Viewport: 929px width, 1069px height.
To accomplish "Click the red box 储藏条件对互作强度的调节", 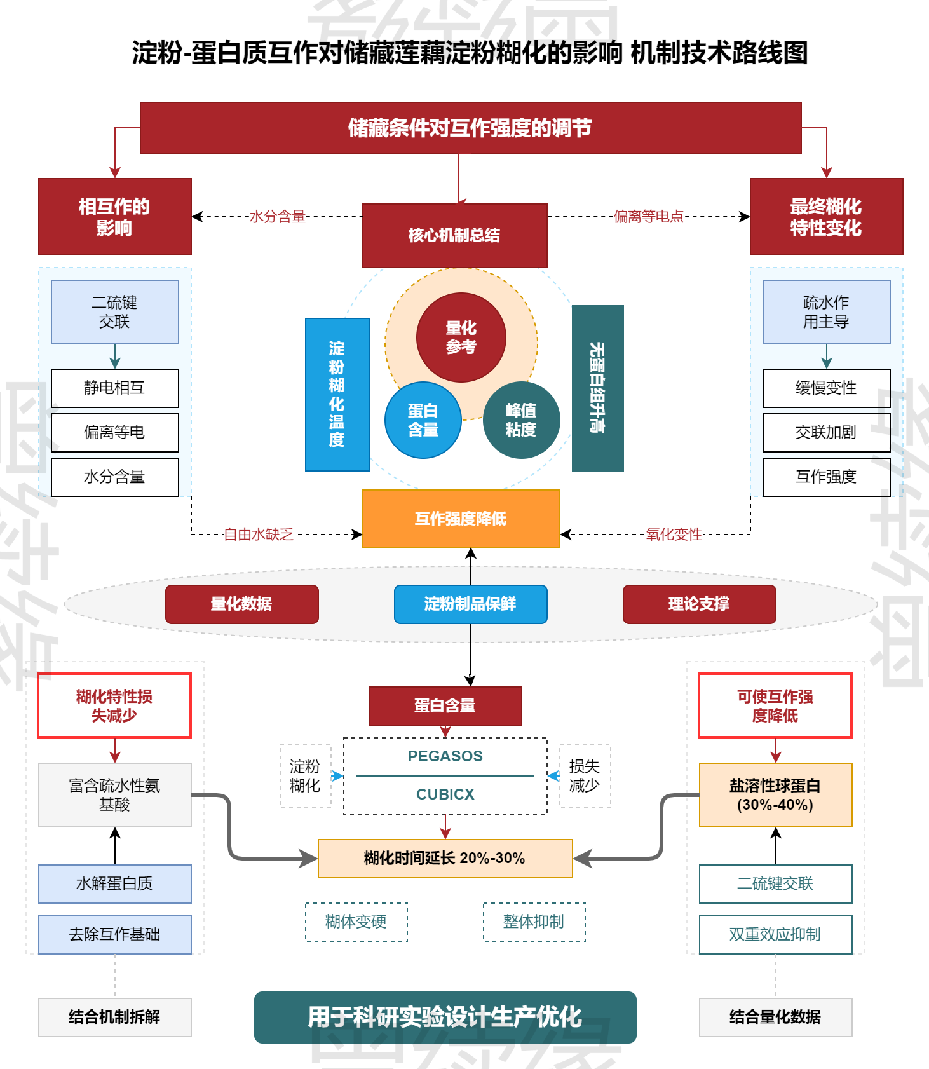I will [x=470, y=128].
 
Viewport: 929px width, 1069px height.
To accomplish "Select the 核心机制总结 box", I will [x=454, y=235].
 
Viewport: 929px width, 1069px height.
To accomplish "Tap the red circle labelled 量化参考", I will [x=461, y=337].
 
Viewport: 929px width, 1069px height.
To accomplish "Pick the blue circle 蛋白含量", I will [x=423, y=420].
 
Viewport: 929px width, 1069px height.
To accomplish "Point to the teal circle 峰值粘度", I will [x=521, y=420].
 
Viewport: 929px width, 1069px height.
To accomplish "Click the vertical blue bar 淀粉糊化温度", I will [x=337, y=394].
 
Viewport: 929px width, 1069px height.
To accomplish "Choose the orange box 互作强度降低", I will [x=461, y=519].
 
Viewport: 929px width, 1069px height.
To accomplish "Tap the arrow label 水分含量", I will [x=278, y=217].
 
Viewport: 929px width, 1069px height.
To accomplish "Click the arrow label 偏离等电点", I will [x=649, y=217].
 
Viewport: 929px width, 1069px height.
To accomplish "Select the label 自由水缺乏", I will [x=259, y=534].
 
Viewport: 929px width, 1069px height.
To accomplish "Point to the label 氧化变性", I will [x=674, y=534].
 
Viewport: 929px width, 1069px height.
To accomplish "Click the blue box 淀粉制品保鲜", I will [x=470, y=604].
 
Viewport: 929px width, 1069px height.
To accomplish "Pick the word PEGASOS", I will [x=445, y=756].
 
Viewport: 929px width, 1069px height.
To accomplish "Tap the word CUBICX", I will [x=445, y=794].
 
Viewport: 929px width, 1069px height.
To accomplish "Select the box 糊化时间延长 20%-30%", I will [x=445, y=858].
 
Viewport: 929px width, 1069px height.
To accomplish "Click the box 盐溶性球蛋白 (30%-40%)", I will [x=775, y=794].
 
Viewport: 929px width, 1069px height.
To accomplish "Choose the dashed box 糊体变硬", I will [x=356, y=922].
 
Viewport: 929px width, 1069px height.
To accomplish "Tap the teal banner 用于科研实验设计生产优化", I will [x=445, y=1017].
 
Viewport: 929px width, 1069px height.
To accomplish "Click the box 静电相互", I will [x=114, y=388].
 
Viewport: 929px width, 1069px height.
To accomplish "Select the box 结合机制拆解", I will [x=114, y=1017].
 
